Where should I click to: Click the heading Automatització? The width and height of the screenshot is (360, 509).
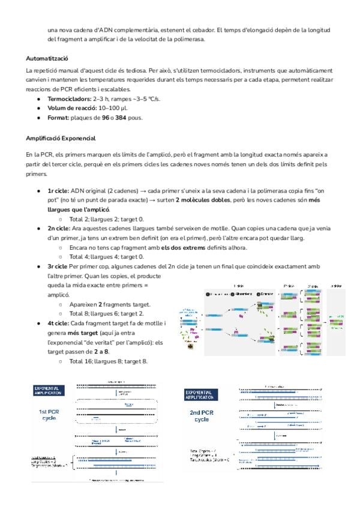tap(47, 59)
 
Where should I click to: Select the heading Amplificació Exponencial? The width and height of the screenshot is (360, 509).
tap(59, 137)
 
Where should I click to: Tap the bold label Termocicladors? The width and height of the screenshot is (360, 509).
tap(70, 98)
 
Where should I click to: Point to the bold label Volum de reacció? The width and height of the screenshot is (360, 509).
tap(72, 108)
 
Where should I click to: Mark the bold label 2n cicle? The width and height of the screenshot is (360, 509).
tap(59, 229)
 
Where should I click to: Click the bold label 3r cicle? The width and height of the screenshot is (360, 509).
tap(58, 266)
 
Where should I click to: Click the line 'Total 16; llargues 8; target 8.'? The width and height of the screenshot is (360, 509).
tap(108, 361)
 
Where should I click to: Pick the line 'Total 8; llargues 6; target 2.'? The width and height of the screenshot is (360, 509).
tap(107, 313)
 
